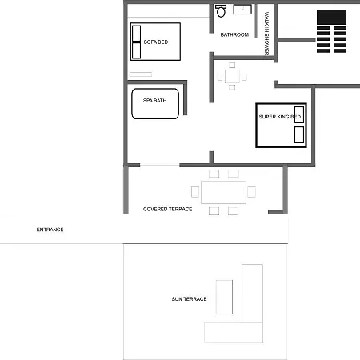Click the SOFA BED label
click(156, 42)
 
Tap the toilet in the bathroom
click(221, 10)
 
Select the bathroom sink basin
click(242, 9)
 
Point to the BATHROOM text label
click(234, 34)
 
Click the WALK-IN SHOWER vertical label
click(266, 34)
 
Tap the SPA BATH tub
click(155, 103)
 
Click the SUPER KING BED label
click(280, 117)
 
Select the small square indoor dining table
click(232, 76)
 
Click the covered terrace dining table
click(223, 192)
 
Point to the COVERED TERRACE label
click(167, 209)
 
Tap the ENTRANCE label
click(50, 230)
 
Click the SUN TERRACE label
click(189, 299)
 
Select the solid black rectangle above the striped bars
click(331, 17)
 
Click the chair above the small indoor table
click(232, 65)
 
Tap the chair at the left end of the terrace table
click(195, 192)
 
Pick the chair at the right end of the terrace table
click(251, 192)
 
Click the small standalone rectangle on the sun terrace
click(224, 297)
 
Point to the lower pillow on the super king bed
click(299, 134)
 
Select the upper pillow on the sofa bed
click(136, 34)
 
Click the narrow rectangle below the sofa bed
click(141, 74)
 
